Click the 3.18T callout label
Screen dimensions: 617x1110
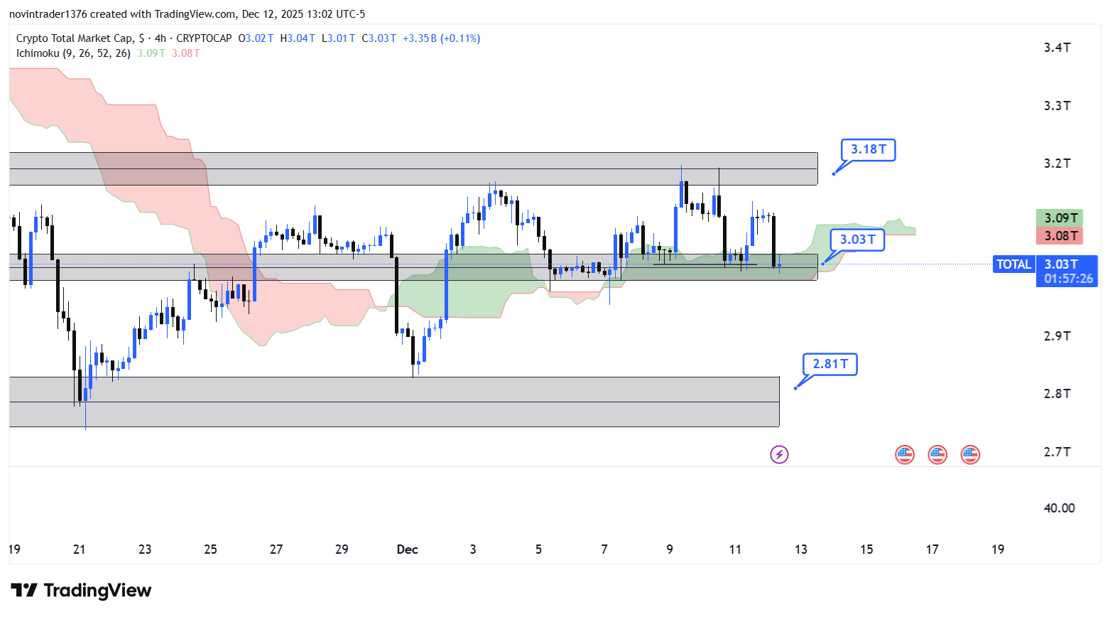tap(868, 150)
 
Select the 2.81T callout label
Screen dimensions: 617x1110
tap(829, 364)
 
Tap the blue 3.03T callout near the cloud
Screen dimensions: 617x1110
tap(857, 240)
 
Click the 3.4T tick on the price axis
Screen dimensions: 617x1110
tap(1057, 48)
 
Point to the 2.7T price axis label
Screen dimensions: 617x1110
tap(1057, 452)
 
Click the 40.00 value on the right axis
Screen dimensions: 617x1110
tap(1059, 508)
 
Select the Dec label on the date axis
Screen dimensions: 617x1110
tap(407, 549)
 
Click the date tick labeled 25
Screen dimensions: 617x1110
tap(210, 549)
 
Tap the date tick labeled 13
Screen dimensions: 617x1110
tap(801, 549)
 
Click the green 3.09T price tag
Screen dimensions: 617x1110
tap(1060, 218)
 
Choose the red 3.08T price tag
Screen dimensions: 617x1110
tap(1060, 236)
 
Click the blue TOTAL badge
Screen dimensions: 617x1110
tap(1013, 264)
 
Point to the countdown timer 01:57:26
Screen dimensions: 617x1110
tap(1068, 279)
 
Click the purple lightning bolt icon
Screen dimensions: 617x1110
tap(779, 454)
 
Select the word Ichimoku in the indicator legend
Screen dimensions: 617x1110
tap(38, 53)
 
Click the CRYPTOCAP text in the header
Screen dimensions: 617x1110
tap(204, 38)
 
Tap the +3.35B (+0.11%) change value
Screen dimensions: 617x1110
tap(441, 38)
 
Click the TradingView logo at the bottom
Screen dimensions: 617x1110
tap(82, 591)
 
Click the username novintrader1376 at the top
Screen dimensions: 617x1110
tap(48, 14)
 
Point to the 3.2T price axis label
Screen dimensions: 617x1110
tap(1057, 163)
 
